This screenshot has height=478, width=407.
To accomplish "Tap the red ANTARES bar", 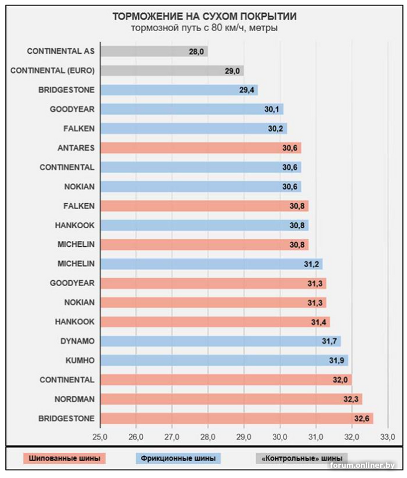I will click(200, 148).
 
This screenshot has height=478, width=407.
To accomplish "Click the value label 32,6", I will click(360, 418).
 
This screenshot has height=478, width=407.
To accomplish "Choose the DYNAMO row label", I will click(77, 341).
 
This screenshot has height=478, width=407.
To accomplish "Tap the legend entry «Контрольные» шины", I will click(302, 459).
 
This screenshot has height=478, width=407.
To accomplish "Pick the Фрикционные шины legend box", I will click(178, 459).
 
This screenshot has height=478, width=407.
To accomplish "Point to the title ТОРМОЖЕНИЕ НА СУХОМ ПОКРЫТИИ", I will click(204, 16).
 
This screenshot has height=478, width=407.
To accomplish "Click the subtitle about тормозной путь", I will click(204, 28).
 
